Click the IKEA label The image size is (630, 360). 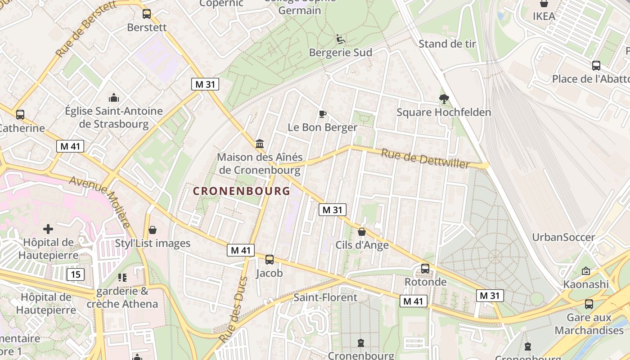(x=544, y=16)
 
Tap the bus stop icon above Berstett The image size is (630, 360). (x=147, y=14)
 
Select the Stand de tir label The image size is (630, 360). (x=447, y=44)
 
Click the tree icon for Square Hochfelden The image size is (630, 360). (x=444, y=99)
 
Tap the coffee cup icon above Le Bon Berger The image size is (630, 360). (x=322, y=114)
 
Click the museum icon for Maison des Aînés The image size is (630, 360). (x=260, y=144)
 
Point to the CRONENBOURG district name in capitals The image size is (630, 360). (x=242, y=191)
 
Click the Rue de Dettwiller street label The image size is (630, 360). (x=425, y=158)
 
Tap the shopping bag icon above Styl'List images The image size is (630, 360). (x=153, y=230)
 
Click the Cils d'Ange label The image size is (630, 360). (x=362, y=245)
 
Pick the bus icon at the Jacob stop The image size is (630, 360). (x=270, y=260)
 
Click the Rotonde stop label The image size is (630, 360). (x=425, y=282)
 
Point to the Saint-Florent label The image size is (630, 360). (x=325, y=297)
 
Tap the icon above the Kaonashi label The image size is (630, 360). (x=585, y=271)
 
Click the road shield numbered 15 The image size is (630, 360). (x=76, y=274)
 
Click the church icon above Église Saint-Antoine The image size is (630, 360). (x=114, y=98)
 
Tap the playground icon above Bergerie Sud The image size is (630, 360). (x=341, y=40)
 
